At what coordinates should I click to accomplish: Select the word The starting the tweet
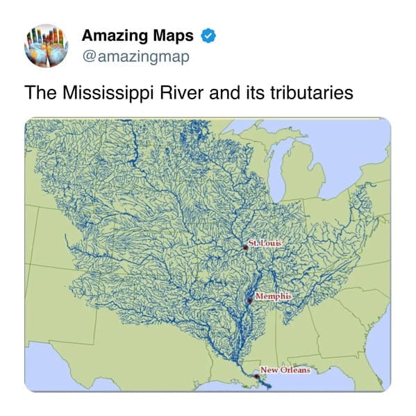pos(39,92)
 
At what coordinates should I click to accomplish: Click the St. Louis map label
pos(265,243)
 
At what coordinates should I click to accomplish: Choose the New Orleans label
pos(285,369)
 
